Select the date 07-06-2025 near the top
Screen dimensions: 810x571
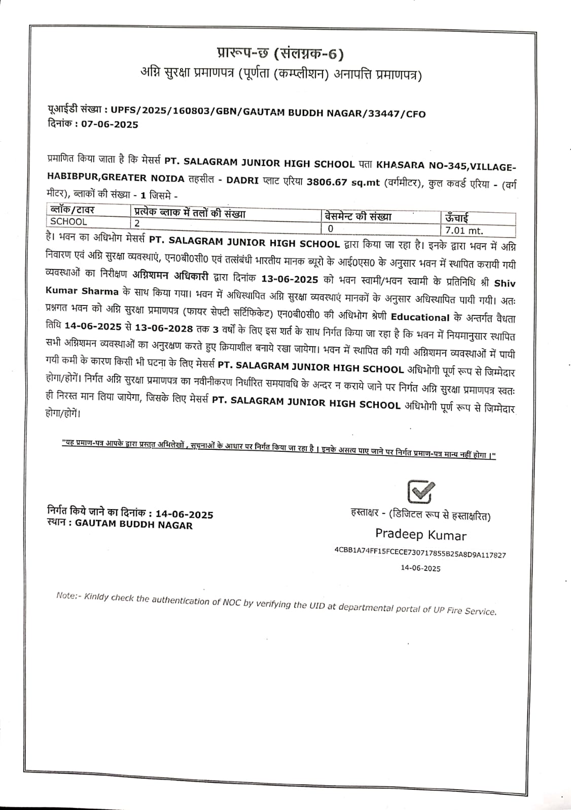[x=110, y=125]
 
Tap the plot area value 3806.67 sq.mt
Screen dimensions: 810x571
[x=343, y=182]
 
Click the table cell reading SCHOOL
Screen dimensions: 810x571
[x=68, y=221]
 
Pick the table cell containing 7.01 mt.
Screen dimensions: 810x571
[x=465, y=231]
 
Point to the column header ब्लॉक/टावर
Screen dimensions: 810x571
[x=72, y=209]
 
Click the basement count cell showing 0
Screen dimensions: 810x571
[x=331, y=228]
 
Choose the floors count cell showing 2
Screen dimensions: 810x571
[x=137, y=223]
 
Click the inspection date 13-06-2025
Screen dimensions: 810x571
[x=290, y=279]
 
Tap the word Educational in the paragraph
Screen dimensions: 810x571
[x=420, y=318]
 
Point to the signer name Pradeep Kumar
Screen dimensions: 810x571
[x=420, y=535]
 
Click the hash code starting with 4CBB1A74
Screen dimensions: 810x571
[x=420, y=555]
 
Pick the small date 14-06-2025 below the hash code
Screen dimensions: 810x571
[x=420, y=568]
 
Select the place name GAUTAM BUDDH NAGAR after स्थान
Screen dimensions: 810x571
[x=134, y=525]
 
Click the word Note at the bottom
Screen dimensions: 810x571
[x=66, y=596]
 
